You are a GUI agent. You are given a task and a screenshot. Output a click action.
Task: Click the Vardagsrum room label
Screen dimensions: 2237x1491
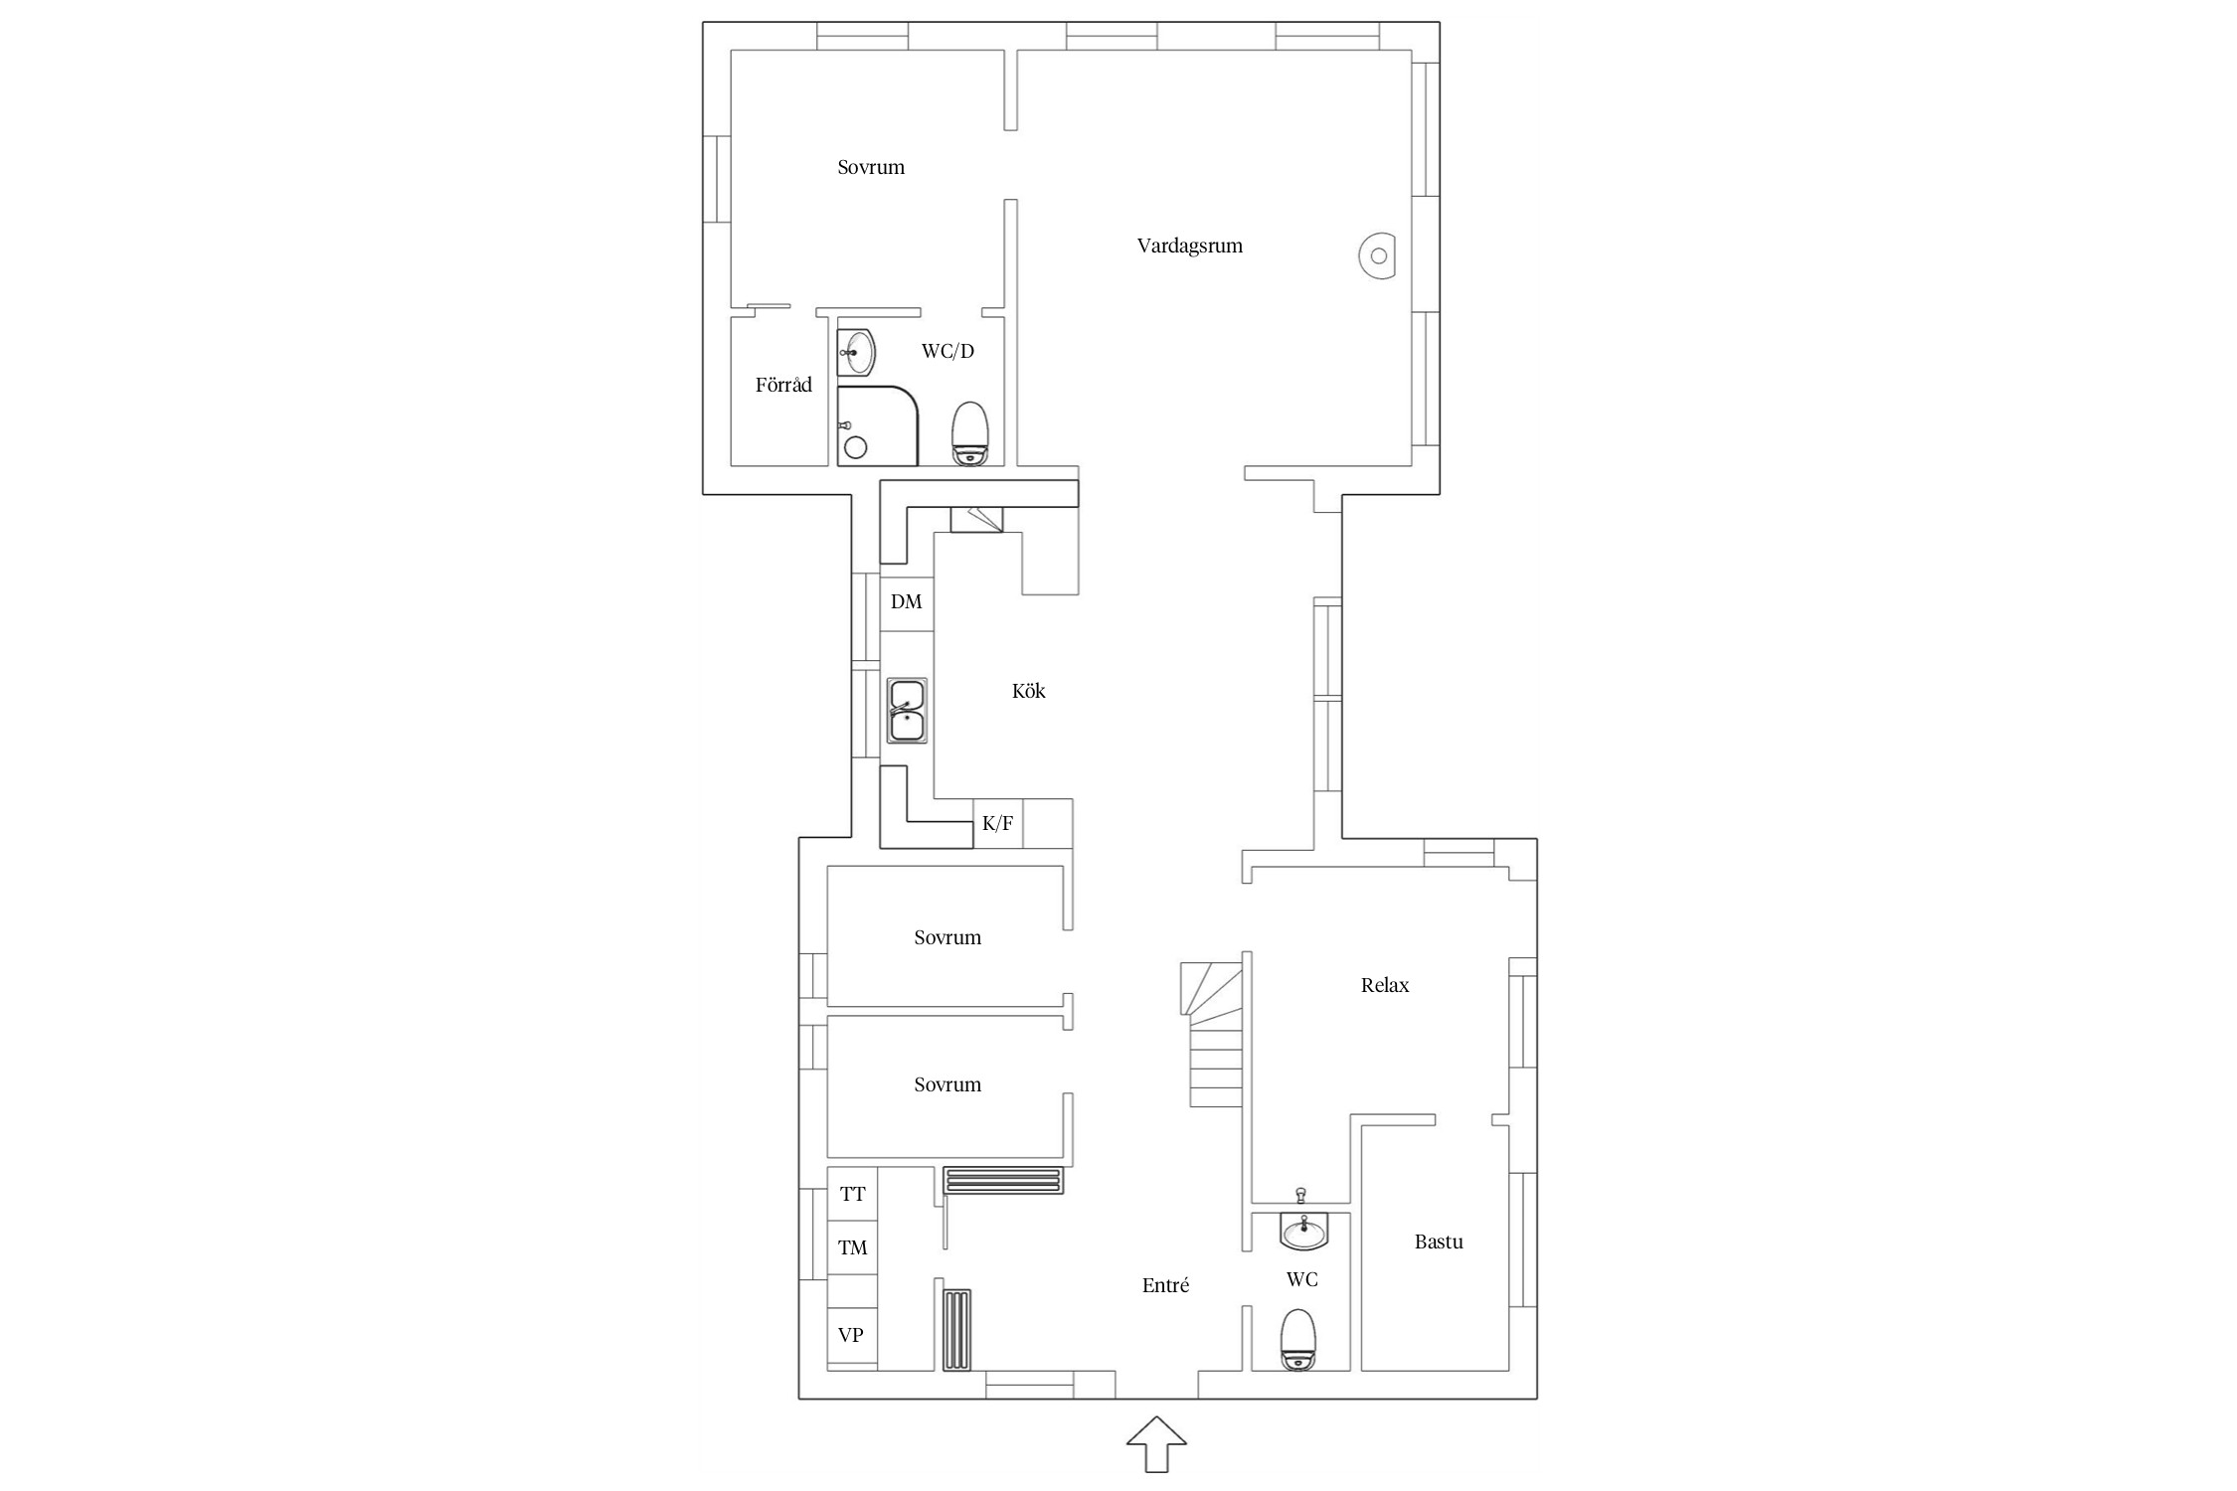pos(1189,247)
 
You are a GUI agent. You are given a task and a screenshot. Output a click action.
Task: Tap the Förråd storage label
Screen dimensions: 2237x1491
pos(783,385)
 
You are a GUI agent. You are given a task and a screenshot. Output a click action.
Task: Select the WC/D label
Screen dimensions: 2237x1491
pos(947,351)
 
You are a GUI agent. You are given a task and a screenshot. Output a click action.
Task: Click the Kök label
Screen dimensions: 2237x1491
pos(1029,691)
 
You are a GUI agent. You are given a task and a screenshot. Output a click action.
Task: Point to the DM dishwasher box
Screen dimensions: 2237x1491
pos(907,602)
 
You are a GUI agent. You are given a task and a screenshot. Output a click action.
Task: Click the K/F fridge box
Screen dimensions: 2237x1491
pos(998,823)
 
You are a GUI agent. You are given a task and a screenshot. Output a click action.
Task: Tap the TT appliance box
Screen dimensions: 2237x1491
pos(852,1194)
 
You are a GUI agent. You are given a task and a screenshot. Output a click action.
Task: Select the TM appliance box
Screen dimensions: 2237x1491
pos(852,1247)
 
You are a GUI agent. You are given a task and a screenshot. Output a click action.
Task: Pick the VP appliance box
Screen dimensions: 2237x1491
pos(852,1335)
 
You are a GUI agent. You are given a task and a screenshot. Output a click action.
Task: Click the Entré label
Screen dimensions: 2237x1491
pos(1165,1285)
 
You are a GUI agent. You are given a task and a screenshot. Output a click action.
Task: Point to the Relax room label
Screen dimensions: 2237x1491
pos(1385,985)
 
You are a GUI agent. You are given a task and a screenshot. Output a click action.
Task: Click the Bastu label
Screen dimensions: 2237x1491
pos(1439,1242)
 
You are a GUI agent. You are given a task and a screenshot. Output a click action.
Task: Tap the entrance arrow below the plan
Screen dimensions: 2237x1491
pos(1156,1443)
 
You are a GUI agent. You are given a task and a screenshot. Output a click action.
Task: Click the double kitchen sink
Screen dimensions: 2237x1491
pos(907,711)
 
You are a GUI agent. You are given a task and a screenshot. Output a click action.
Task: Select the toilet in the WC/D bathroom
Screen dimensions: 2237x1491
pos(970,433)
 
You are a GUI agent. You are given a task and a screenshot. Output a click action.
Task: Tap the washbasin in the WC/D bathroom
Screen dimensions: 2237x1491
pos(856,353)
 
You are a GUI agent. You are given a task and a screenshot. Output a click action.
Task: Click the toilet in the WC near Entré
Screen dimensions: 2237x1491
pos(1298,1340)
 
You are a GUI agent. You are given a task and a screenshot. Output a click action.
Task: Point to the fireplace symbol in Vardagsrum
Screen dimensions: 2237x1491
pos(1377,256)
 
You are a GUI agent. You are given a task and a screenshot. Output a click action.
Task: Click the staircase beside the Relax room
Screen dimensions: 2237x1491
pos(1211,1034)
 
